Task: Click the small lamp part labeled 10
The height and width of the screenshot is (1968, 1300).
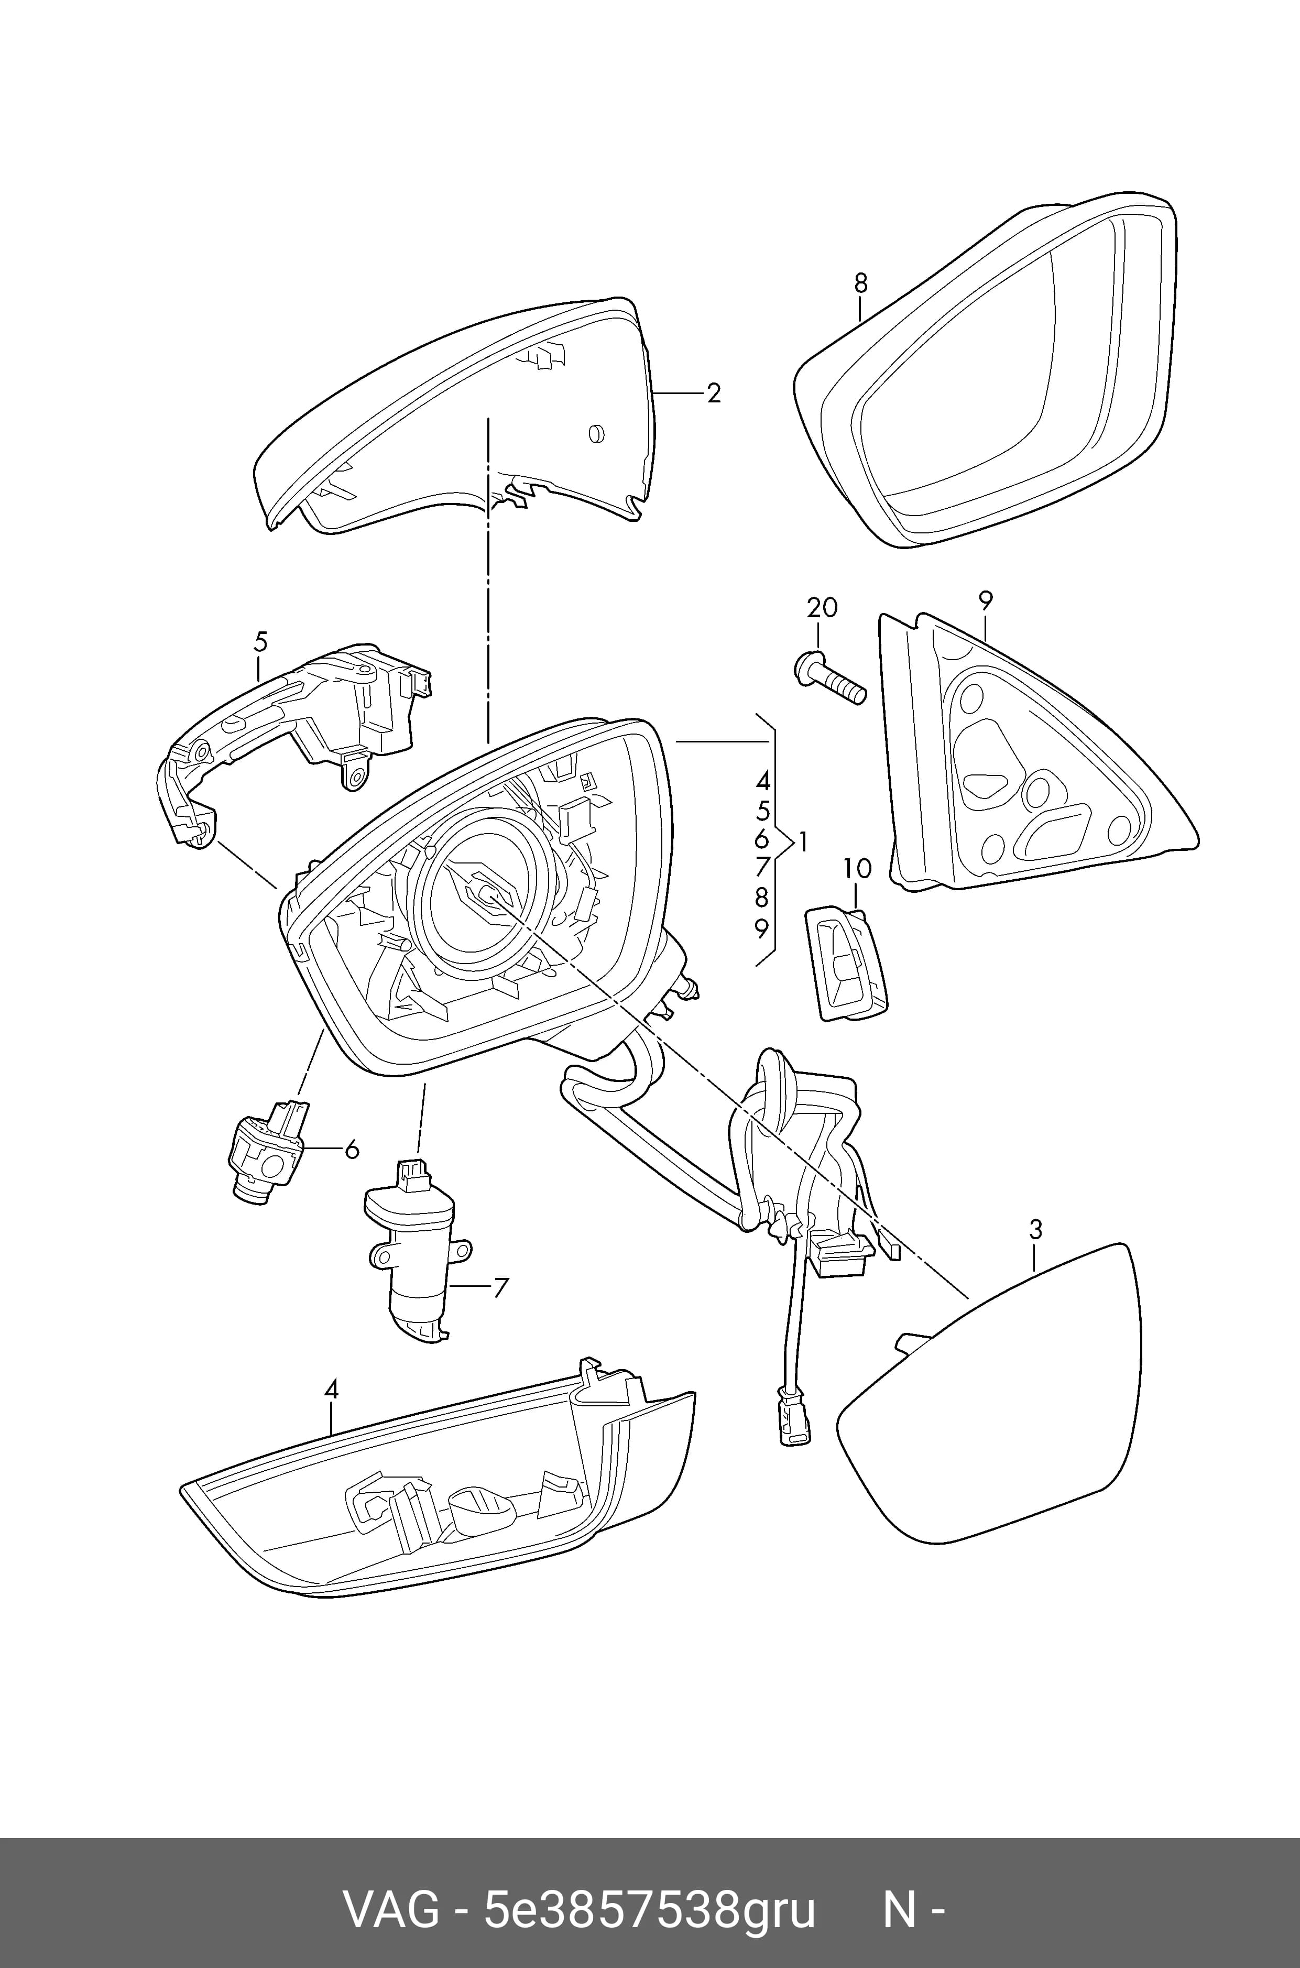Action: point(846,963)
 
